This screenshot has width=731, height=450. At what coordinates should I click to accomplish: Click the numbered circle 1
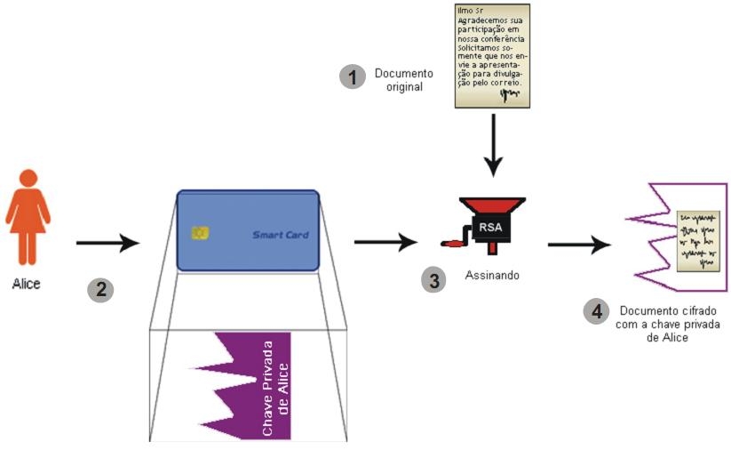point(354,77)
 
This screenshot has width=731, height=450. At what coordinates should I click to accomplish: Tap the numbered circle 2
point(100,289)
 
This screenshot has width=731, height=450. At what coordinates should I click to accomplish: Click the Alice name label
point(27,284)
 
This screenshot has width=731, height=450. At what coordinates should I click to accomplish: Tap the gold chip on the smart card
point(201,233)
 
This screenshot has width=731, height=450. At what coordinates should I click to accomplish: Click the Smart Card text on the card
point(281,235)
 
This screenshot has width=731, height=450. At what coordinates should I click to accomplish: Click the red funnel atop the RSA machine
point(491,205)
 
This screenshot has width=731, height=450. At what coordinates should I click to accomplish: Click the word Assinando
point(492,276)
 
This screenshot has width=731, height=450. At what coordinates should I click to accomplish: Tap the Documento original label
point(403,80)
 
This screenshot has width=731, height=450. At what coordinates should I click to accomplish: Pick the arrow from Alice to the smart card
point(107,242)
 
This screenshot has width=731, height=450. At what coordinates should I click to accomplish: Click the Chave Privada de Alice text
point(275,387)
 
